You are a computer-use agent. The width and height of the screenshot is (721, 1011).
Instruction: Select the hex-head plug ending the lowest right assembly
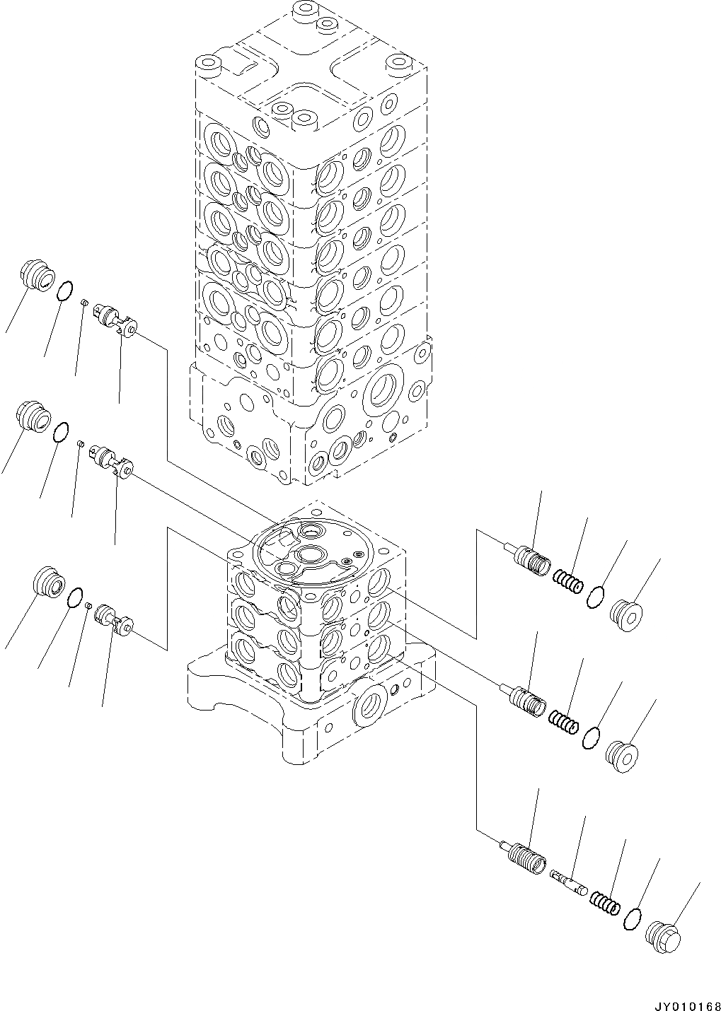click(x=665, y=934)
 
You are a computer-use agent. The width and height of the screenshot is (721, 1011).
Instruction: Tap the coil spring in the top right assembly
click(x=568, y=583)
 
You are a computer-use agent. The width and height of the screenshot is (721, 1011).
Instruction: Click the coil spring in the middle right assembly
click(x=564, y=723)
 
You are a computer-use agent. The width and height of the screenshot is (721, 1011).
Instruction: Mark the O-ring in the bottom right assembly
click(x=633, y=920)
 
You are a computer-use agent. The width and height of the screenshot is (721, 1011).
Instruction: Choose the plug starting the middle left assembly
click(x=33, y=417)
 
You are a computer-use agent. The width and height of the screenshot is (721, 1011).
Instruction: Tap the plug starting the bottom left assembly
click(x=50, y=583)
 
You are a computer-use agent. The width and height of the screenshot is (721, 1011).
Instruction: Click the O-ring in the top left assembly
click(x=64, y=291)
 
